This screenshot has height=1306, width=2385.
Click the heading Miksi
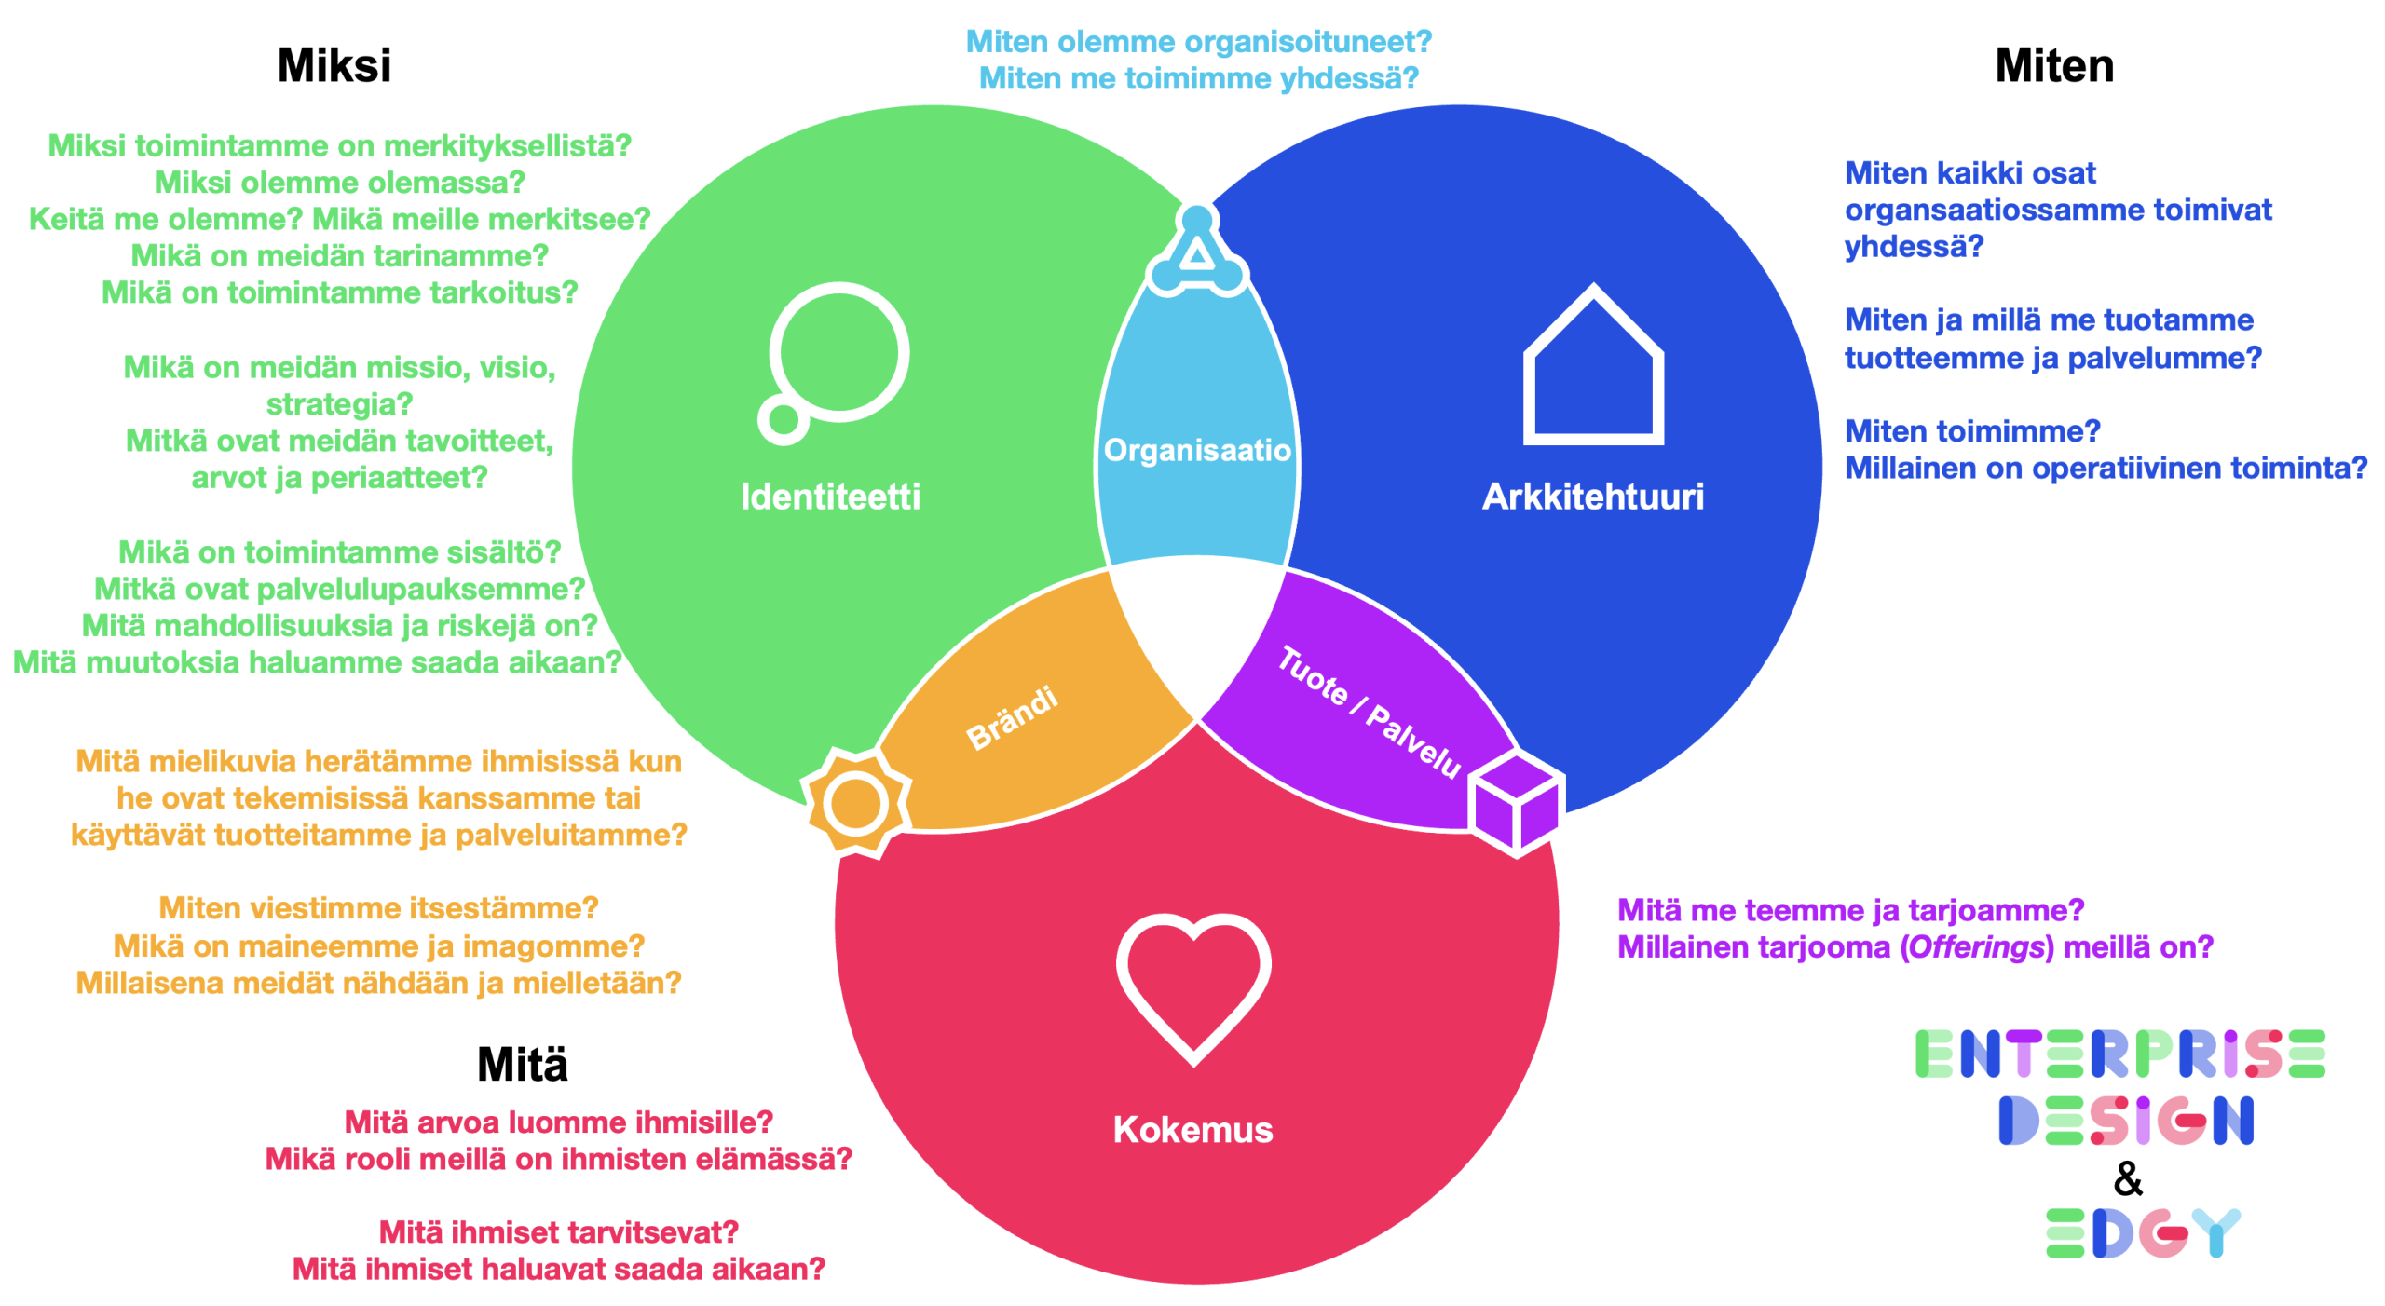[x=334, y=66]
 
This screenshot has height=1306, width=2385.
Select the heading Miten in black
[x=2053, y=66]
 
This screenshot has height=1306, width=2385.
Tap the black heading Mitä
[x=522, y=1064]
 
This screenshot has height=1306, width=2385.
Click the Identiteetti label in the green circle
[x=829, y=497]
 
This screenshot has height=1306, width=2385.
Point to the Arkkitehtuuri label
[x=1592, y=497]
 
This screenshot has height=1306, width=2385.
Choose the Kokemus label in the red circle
[x=1192, y=1129]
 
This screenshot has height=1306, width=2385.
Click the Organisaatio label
[x=1196, y=450]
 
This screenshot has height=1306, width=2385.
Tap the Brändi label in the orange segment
[x=1012, y=717]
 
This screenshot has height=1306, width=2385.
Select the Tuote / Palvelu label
[x=1368, y=711]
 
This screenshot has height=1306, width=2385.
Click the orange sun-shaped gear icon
[x=855, y=803]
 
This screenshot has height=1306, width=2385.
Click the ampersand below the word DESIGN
[x=2127, y=1178]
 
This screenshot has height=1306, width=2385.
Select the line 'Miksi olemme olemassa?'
[x=339, y=182]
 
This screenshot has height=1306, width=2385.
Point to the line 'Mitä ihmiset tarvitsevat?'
[x=558, y=1231]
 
